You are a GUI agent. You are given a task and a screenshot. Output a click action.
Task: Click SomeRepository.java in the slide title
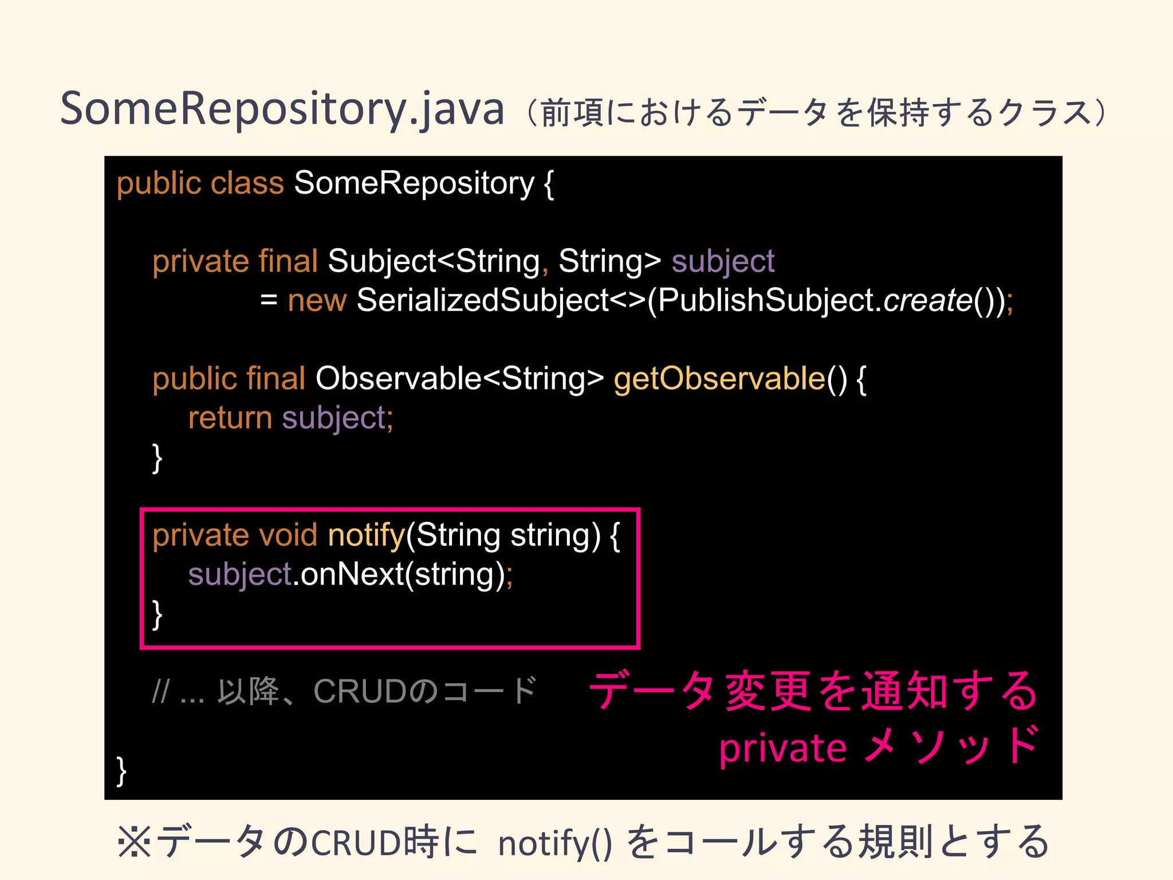[282, 109]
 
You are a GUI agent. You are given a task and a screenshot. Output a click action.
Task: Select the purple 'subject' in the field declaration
[723, 262]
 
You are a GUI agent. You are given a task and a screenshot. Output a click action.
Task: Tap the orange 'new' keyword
[317, 300]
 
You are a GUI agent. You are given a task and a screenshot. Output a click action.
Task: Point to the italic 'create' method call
[927, 300]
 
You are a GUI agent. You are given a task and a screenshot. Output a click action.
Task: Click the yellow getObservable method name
[719, 379]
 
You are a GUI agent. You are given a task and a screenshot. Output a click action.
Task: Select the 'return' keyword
[230, 418]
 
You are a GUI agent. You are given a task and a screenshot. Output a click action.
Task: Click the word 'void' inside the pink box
[288, 535]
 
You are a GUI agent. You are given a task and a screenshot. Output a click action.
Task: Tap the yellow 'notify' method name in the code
[367, 535]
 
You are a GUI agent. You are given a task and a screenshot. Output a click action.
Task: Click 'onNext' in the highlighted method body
[352, 574]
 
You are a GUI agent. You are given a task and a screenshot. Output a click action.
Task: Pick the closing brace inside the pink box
[157, 614]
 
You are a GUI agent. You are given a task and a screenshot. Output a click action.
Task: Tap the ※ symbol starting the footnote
[134, 842]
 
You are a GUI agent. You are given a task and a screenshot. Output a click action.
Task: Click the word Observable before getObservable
[399, 379]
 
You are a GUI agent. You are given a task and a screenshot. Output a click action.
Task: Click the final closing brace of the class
[121, 771]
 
